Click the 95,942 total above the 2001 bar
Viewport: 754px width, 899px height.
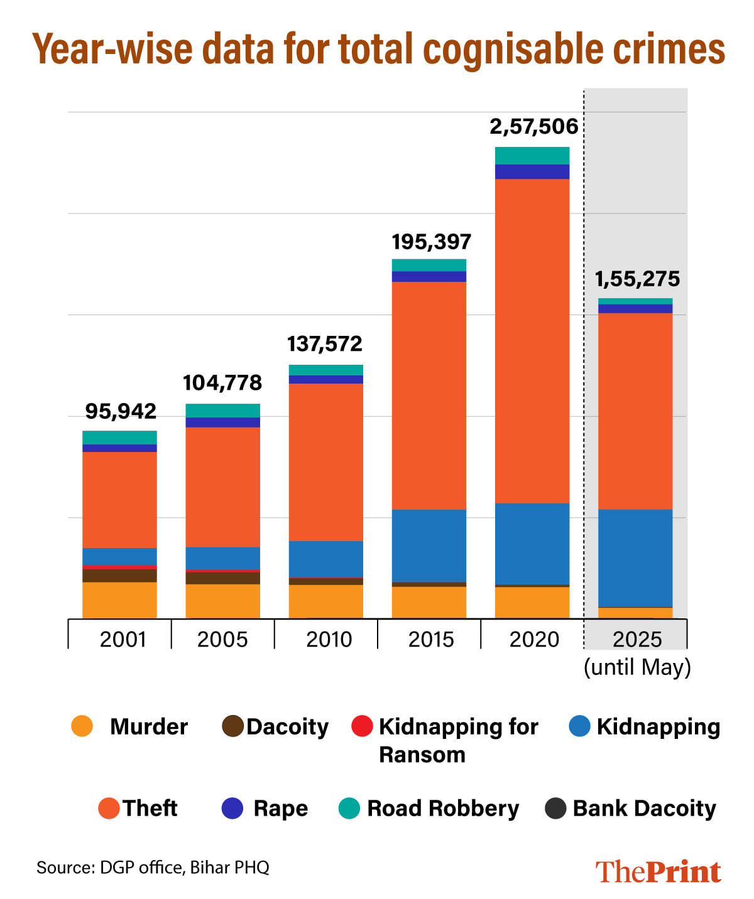[121, 411]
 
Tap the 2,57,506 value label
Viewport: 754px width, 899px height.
[533, 127]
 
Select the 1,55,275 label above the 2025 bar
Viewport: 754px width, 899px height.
[637, 279]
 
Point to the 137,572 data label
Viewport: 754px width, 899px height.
[325, 344]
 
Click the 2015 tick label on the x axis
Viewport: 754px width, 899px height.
[430, 639]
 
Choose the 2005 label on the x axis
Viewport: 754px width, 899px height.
[222, 639]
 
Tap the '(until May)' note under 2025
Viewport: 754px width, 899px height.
[637, 667]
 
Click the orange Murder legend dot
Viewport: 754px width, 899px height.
[82, 726]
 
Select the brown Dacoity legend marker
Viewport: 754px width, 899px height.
[232, 726]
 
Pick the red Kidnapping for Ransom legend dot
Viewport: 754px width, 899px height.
[362, 726]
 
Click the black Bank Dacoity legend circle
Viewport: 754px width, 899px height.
[555, 808]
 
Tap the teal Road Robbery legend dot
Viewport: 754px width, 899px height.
[349, 808]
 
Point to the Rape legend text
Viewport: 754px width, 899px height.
[280, 808]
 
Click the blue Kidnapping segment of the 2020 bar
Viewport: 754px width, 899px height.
[532, 544]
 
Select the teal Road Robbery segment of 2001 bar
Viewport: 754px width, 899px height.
[119, 438]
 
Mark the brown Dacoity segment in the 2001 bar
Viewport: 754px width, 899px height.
[119, 576]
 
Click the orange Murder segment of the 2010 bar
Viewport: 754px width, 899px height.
[325, 601]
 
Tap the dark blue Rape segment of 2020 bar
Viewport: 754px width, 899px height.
[532, 172]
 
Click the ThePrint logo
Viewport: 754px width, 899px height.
[658, 871]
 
